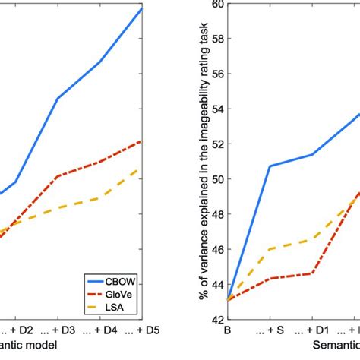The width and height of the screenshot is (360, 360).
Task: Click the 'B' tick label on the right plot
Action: point(226,331)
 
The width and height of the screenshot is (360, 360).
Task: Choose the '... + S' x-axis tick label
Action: point(269,331)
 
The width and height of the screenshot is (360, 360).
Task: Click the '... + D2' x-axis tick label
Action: point(15,331)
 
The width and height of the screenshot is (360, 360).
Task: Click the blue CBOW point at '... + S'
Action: point(269,166)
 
